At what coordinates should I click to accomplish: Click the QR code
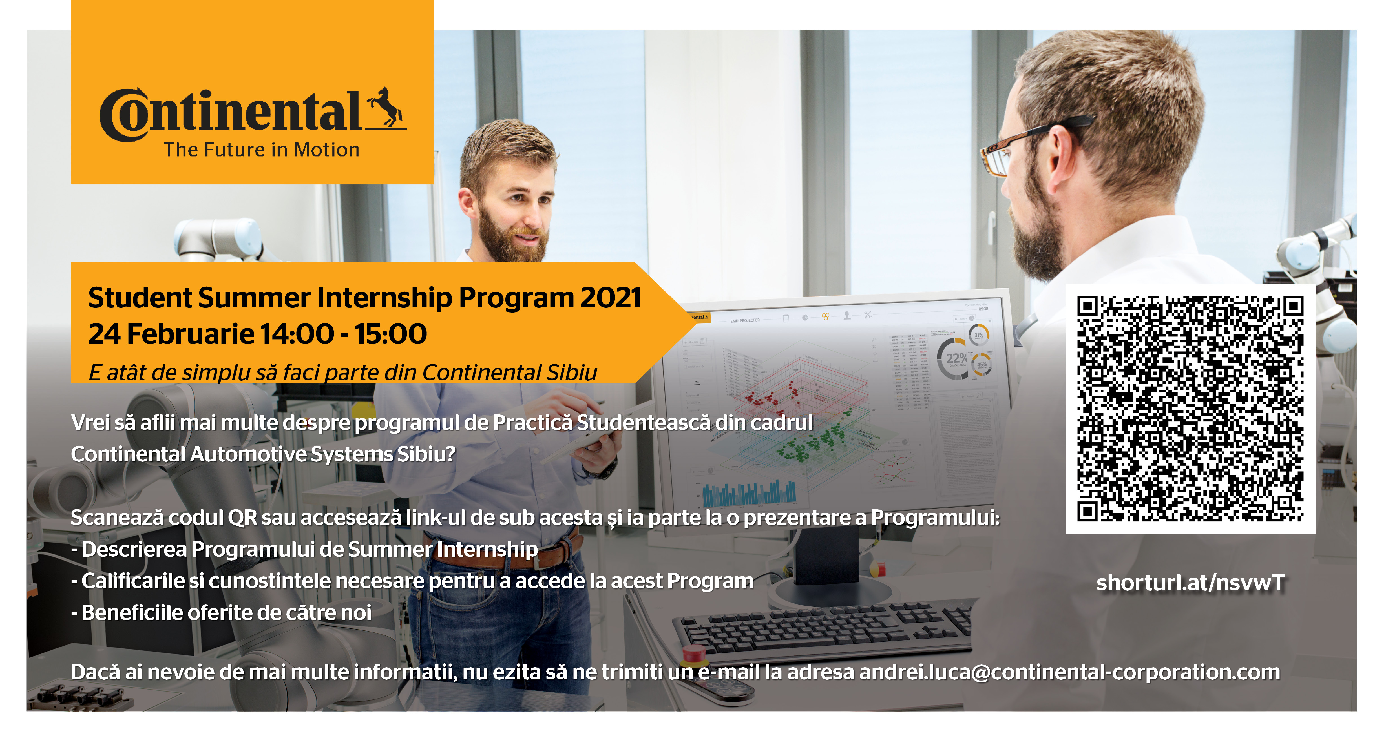1190,409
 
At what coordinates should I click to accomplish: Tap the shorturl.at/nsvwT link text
1190,582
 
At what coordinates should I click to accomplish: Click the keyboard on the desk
823,626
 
